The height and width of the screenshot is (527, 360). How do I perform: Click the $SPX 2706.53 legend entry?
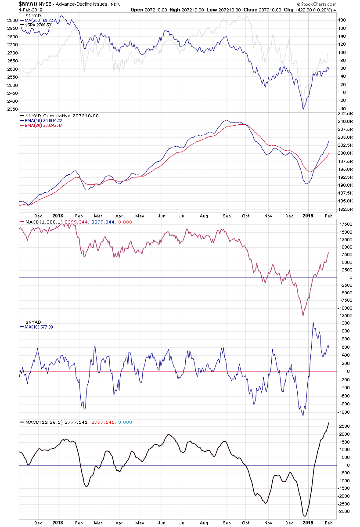point(38,25)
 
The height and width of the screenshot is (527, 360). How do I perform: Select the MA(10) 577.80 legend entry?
point(37,327)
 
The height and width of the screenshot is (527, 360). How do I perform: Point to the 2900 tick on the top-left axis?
point(12,20)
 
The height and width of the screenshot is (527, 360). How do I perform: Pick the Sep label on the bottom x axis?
point(227,523)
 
